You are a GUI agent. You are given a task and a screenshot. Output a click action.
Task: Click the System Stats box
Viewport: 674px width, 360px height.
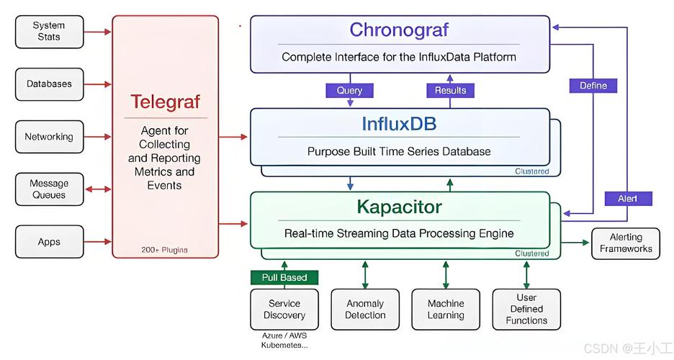pyautogui.click(x=49, y=31)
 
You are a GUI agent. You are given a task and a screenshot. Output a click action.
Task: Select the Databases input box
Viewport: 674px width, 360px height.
pyautogui.click(x=49, y=84)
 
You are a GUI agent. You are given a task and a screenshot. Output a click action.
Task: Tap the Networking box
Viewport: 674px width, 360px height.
pyautogui.click(x=49, y=137)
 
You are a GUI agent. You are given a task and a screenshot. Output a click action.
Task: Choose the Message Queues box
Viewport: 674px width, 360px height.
pyautogui.click(x=49, y=189)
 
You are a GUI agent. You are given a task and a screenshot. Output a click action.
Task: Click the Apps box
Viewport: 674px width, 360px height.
pyautogui.click(x=49, y=242)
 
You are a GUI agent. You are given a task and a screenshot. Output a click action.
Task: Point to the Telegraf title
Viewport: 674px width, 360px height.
pyautogui.click(x=165, y=102)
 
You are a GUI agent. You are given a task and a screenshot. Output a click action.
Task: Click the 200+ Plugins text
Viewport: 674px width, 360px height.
pyautogui.click(x=165, y=250)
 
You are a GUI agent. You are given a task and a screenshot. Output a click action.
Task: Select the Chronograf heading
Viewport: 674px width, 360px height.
pyautogui.click(x=399, y=30)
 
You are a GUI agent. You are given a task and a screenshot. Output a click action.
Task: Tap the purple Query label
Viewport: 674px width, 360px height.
pyautogui.click(x=350, y=91)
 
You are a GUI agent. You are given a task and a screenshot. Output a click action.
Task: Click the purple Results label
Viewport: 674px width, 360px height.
pyautogui.click(x=450, y=91)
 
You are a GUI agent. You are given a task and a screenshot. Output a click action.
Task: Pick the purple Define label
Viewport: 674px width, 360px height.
pyautogui.click(x=593, y=86)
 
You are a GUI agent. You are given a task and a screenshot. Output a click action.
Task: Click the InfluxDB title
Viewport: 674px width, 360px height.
pyautogui.click(x=399, y=125)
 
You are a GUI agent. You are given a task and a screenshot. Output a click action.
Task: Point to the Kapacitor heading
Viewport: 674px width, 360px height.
pyautogui.click(x=399, y=207)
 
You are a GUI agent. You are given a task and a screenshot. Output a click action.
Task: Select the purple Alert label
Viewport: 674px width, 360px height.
pyautogui.click(x=627, y=199)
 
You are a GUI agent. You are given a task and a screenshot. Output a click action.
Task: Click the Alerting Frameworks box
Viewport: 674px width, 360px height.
pyautogui.click(x=625, y=243)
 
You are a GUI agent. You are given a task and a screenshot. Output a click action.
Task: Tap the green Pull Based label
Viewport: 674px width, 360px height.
pyautogui.click(x=284, y=277)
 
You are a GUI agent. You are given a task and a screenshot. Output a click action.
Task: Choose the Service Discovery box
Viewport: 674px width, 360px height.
pyautogui.click(x=284, y=309)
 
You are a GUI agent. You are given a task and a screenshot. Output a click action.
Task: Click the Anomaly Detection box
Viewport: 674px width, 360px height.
pyautogui.click(x=365, y=309)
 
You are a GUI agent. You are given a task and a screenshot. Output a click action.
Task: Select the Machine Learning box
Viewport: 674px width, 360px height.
pyautogui.click(x=446, y=309)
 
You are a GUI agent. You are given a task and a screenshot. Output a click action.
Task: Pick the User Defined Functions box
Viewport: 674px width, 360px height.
pyautogui.click(x=526, y=309)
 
